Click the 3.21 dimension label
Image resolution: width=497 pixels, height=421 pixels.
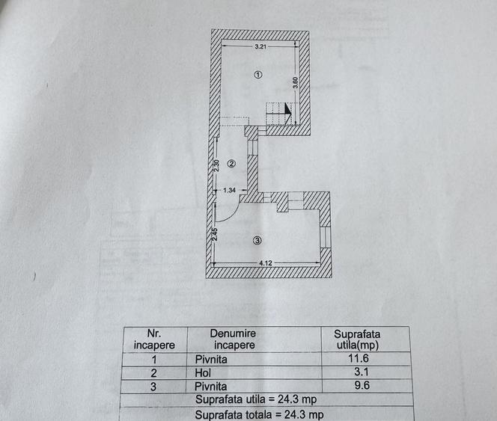tap(260, 46)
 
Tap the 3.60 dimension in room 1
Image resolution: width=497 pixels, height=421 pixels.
tap(295, 83)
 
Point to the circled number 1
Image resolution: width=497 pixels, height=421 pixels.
tap(258, 75)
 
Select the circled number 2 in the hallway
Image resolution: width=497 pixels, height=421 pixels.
tap(232, 164)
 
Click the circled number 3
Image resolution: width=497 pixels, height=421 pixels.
tap(257, 241)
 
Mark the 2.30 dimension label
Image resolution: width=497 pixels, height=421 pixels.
tap(216, 165)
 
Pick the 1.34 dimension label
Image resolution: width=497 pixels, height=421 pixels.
tap(229, 191)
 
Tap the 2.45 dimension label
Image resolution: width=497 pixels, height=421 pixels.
tap(215, 234)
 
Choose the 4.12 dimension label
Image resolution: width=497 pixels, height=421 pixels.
tap(266, 263)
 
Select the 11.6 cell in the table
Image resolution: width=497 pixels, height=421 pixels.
tap(359, 358)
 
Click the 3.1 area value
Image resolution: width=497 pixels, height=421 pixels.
tap(361, 372)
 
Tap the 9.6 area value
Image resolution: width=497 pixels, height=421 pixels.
tap(362, 385)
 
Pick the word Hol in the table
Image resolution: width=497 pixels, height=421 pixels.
tap(203, 373)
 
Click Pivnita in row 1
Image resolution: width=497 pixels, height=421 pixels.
tap(211, 359)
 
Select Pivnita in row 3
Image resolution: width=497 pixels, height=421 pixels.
tap(211, 387)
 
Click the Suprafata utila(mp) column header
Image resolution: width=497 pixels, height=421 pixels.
tap(357, 339)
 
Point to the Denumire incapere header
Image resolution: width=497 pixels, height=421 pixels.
tap(234, 339)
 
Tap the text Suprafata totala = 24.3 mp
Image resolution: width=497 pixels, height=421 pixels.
tap(259, 415)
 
